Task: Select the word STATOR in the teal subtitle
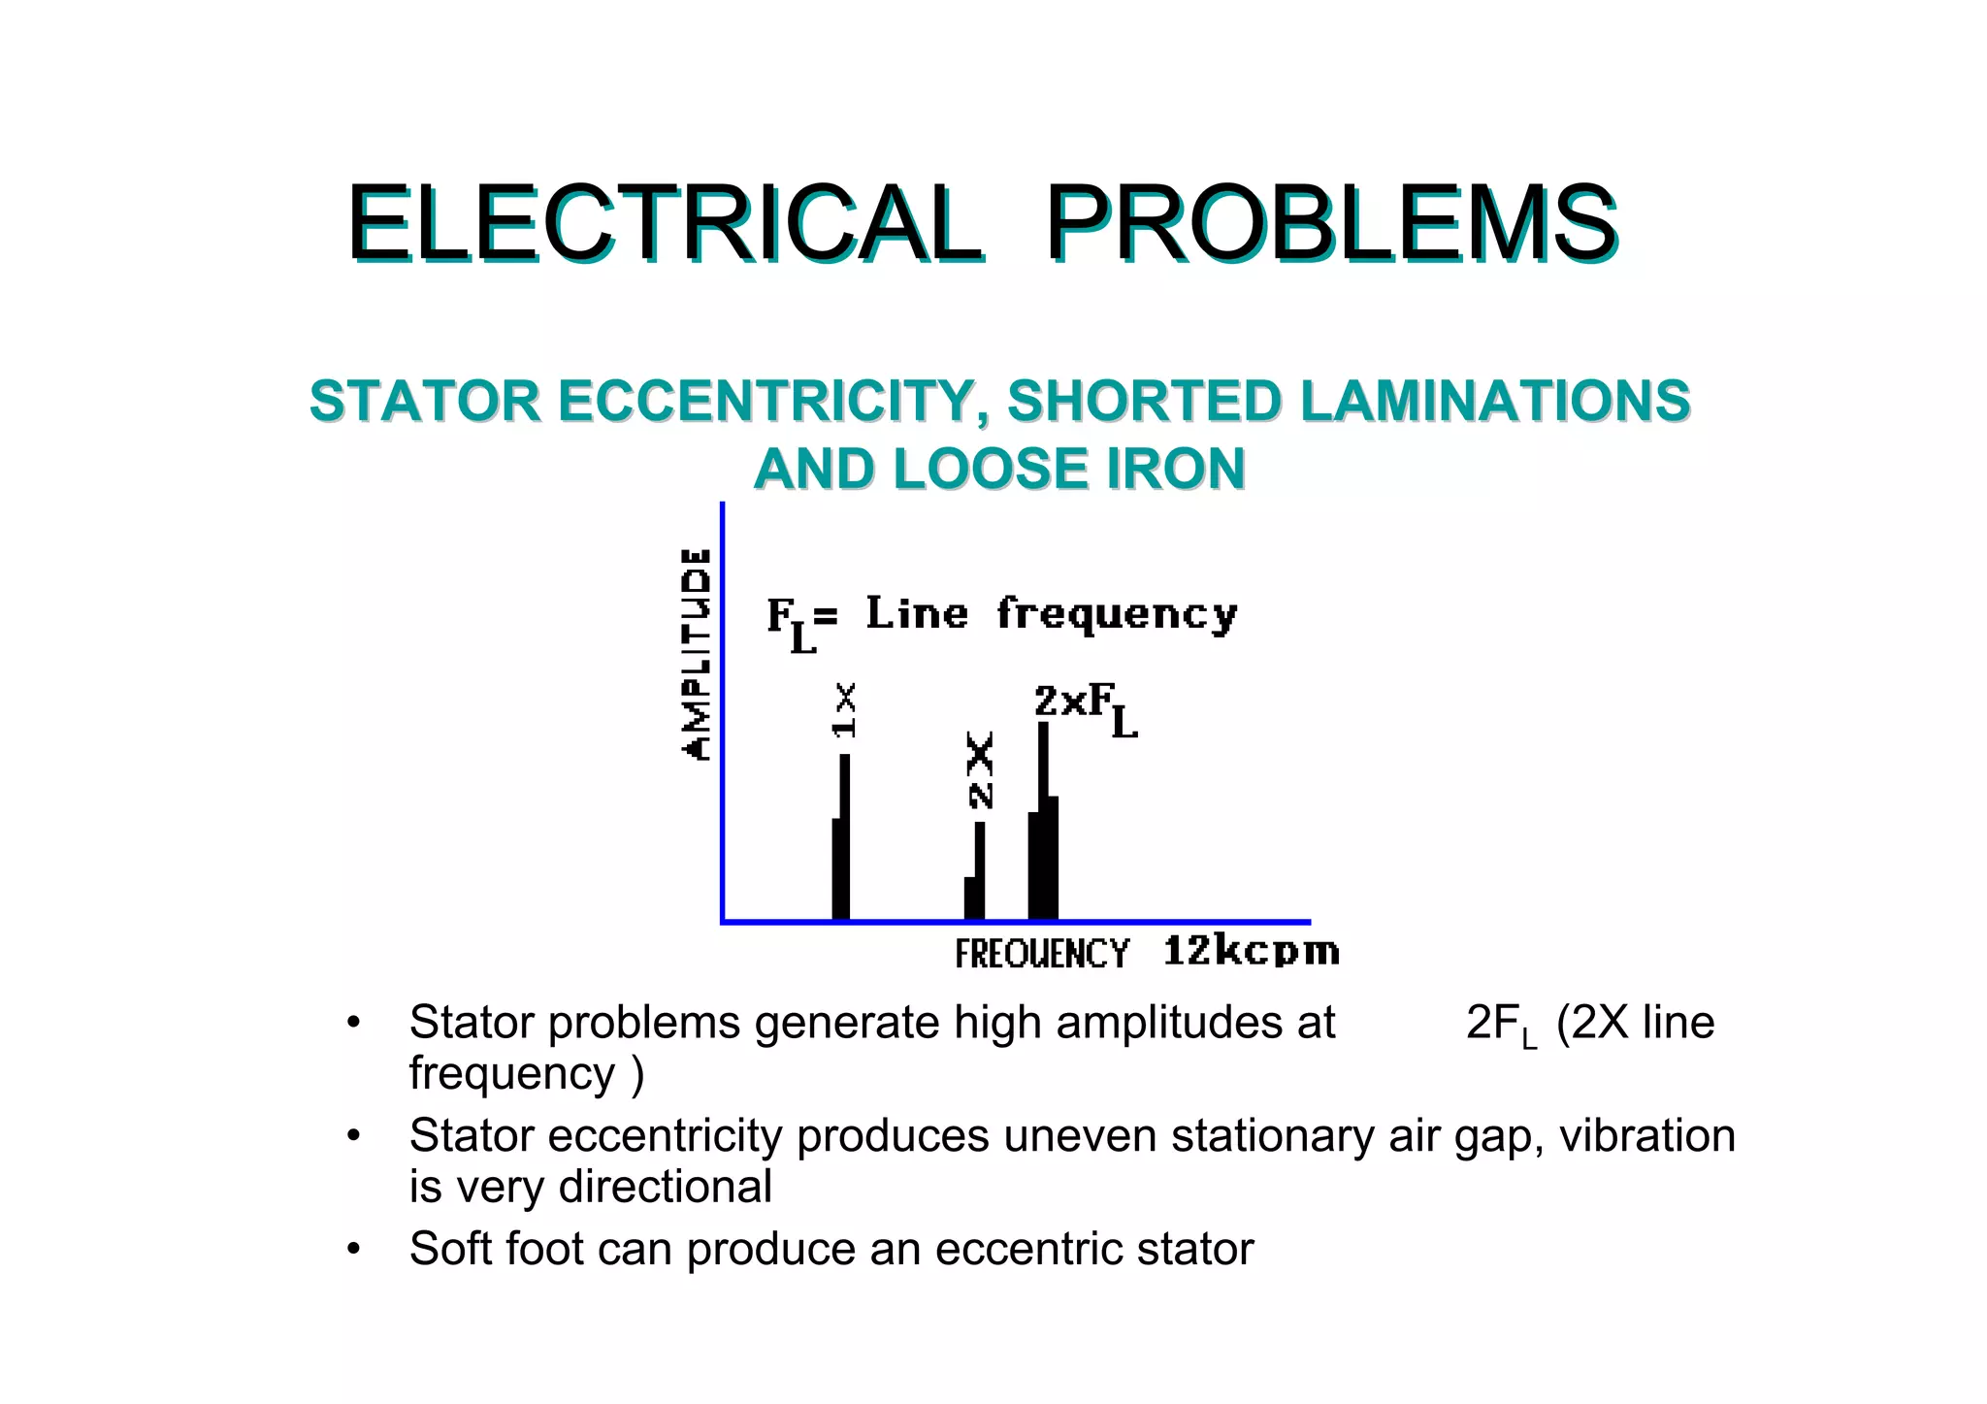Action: coord(424,402)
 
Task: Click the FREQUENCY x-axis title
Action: coord(1041,954)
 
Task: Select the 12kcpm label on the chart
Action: coord(1251,951)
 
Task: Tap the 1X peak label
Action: coord(845,709)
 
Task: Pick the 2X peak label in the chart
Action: coord(981,770)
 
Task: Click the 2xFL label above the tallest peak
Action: coord(1085,708)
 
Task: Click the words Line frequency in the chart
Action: coord(1051,614)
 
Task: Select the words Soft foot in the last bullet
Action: coord(498,1249)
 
